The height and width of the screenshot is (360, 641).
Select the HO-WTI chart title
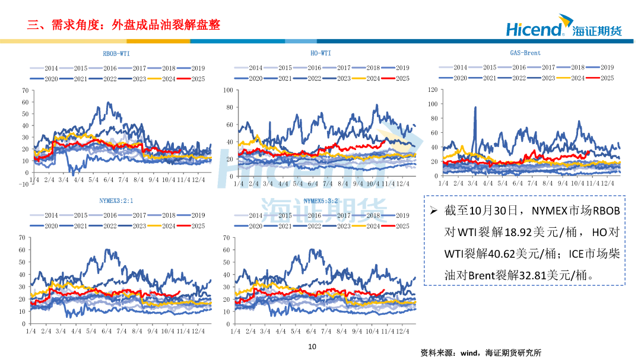tap(320, 53)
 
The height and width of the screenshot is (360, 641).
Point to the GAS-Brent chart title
tap(525, 53)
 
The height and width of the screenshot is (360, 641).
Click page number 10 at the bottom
tap(312, 347)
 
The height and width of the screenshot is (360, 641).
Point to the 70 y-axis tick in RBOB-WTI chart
tap(24, 90)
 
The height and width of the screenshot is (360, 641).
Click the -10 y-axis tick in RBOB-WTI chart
tap(23, 184)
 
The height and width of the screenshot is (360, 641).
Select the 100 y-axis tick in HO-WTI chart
tap(228, 90)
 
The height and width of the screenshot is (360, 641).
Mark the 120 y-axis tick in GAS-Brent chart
tap(432, 90)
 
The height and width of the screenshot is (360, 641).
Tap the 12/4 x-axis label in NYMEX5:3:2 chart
tap(402, 332)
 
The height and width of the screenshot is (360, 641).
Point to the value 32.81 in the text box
tap(526, 276)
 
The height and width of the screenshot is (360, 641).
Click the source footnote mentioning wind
tap(481, 352)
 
